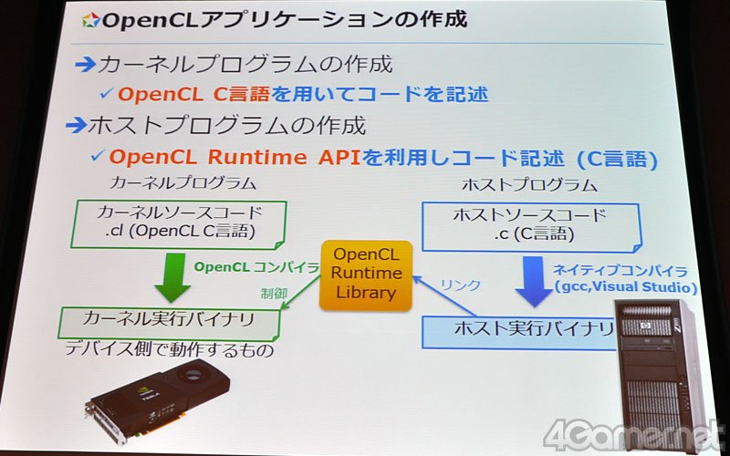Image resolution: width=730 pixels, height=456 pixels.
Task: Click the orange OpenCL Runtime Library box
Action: (366, 275)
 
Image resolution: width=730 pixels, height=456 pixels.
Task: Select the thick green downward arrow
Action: (172, 278)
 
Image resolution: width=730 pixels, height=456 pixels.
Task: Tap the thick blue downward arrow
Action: (534, 282)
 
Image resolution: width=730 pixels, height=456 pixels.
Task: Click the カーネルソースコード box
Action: (178, 224)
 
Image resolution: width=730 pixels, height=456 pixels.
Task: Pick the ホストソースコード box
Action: (531, 227)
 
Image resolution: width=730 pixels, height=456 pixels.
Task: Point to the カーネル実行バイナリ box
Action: (169, 323)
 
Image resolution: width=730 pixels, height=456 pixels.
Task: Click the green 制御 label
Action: (274, 294)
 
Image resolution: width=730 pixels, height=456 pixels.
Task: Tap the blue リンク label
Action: (460, 285)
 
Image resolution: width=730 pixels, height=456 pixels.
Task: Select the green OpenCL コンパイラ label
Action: (256, 267)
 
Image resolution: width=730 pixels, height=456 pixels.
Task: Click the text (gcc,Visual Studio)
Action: (625, 286)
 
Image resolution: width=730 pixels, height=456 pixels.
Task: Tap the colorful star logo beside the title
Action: (90, 20)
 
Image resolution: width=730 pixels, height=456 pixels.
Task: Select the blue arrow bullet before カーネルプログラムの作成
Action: (85, 65)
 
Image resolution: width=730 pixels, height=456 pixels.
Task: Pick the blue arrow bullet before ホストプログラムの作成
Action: (77, 125)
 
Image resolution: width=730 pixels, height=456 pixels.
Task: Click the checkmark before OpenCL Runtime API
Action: (98, 155)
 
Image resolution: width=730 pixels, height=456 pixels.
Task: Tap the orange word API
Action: (339, 158)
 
